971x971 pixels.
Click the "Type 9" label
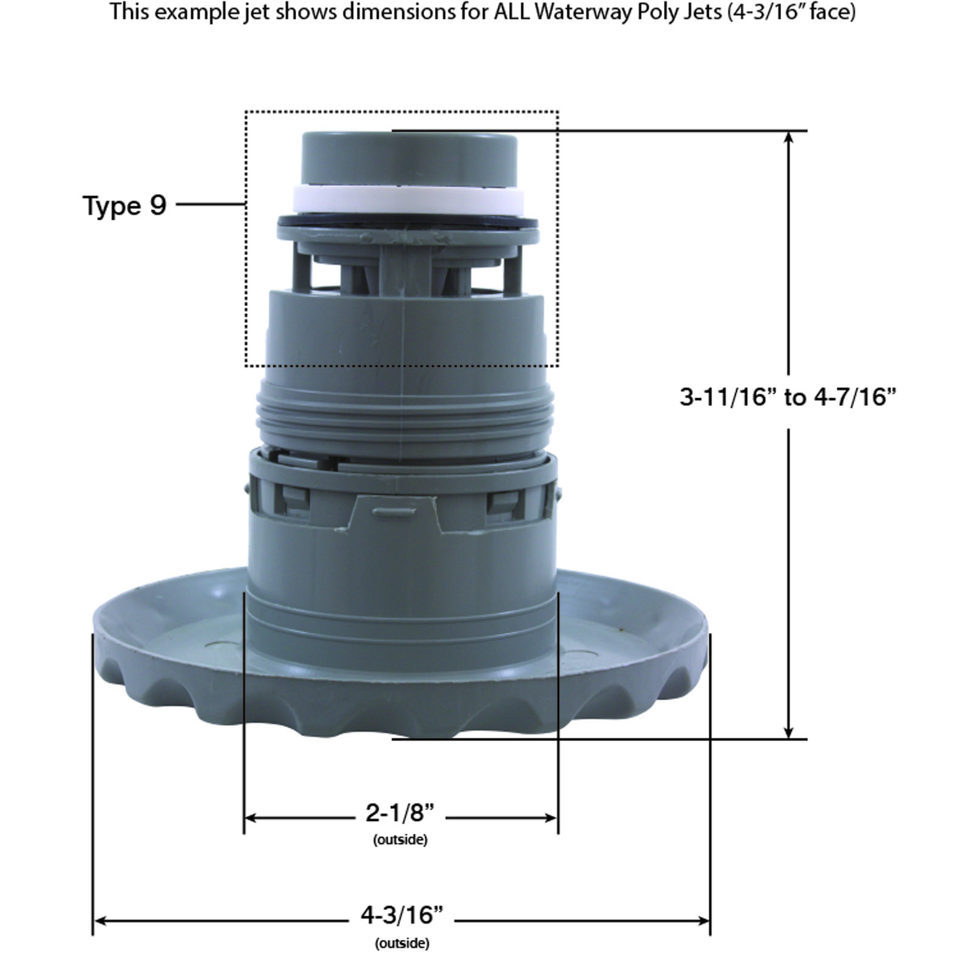(124, 205)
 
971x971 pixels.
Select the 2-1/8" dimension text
(401, 812)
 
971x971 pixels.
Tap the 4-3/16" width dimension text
(402, 915)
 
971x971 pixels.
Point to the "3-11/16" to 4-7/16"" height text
(788, 397)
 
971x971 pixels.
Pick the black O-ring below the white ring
(407, 221)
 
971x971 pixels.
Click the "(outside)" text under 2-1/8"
(400, 840)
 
